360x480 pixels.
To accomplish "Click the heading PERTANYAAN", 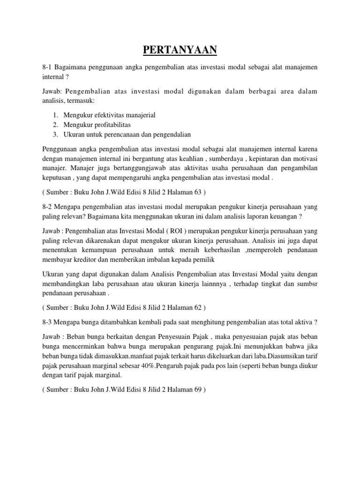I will point(180,49).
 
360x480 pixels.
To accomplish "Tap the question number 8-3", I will point(49,322).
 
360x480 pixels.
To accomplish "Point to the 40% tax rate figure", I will point(143,366).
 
